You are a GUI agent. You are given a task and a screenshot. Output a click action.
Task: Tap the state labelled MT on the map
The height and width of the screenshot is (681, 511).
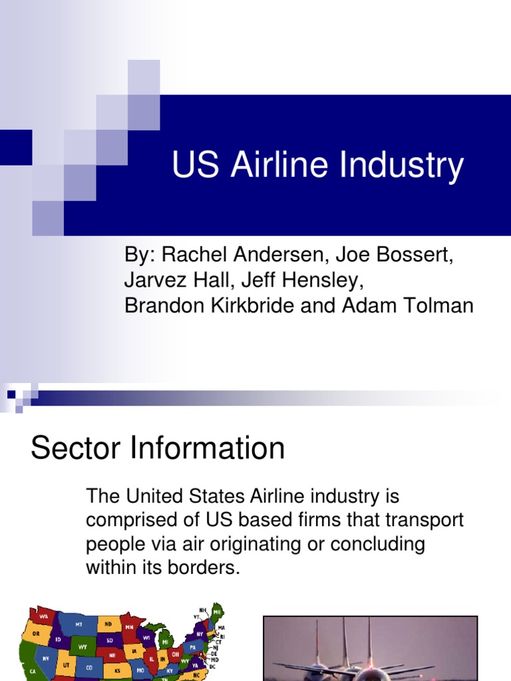(x=78, y=624)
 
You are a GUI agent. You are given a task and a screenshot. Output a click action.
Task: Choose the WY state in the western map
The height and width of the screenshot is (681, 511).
(x=83, y=646)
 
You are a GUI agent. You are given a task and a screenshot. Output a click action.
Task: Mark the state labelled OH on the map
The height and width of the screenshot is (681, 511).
(x=176, y=654)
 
